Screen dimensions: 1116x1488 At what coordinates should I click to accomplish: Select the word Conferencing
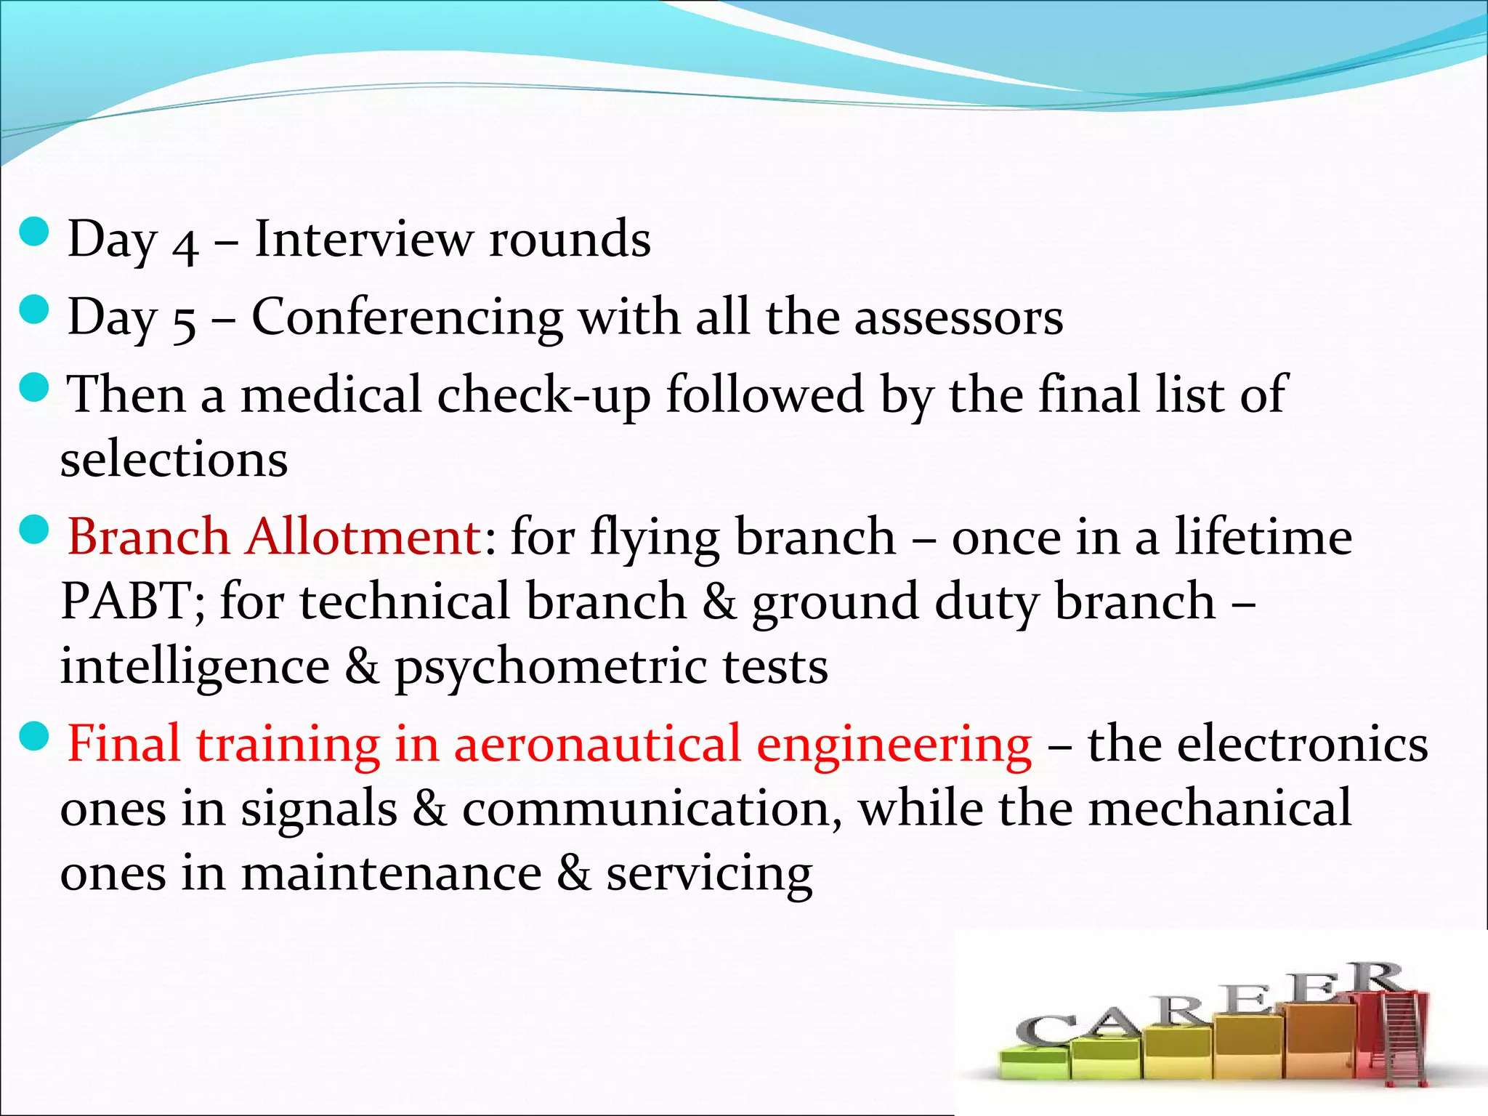pyautogui.click(x=407, y=318)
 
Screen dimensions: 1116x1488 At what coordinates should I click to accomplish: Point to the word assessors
pyautogui.click(x=958, y=318)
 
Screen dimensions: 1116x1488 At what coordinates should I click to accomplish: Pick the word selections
pyautogui.click(x=174, y=460)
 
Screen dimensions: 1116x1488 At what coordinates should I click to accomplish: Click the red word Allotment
pyautogui.click(x=363, y=537)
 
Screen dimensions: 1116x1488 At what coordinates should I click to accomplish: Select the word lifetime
pyautogui.click(x=1263, y=537)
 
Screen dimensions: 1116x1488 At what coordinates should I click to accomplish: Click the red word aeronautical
pyautogui.click(x=596, y=744)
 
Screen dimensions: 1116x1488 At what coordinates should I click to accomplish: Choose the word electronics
pyautogui.click(x=1258, y=744)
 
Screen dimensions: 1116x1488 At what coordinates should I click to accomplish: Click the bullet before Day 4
pyautogui.click(x=33, y=233)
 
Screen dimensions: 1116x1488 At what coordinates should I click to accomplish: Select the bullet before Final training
pyautogui.click(x=33, y=738)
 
